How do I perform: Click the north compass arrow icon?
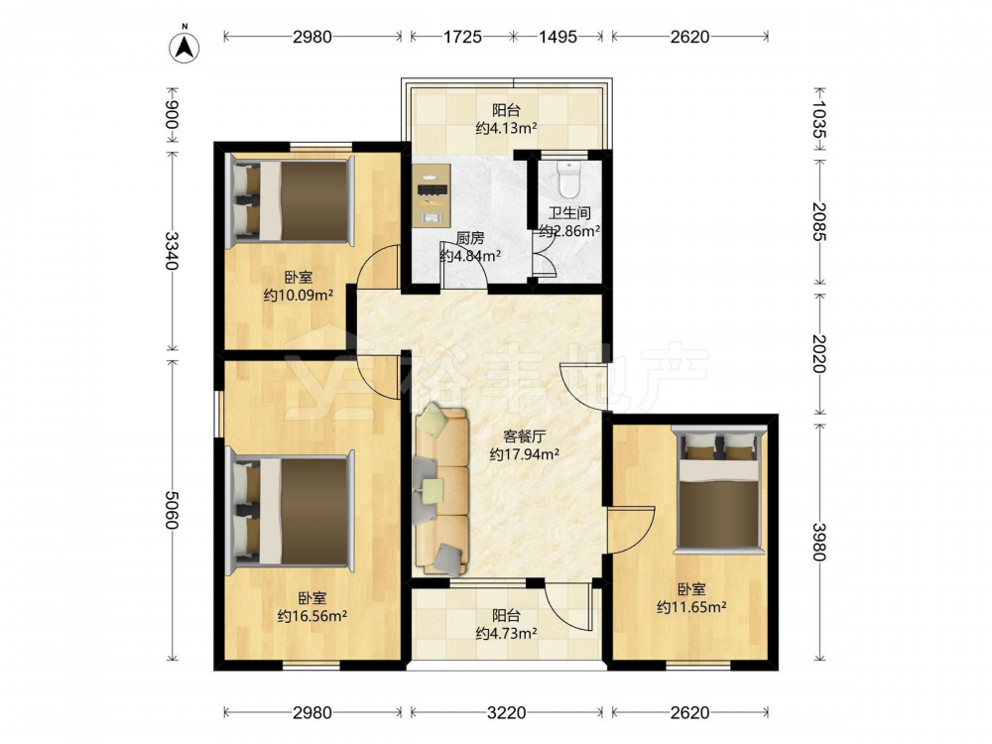tap(185, 47)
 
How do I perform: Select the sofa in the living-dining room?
tap(441, 490)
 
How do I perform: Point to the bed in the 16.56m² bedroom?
tap(291, 507)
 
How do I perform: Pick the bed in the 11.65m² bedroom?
tap(718, 488)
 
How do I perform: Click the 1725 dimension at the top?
tap(462, 37)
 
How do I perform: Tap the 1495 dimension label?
tap(558, 37)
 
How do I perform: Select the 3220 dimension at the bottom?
tap(506, 713)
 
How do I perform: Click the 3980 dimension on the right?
tap(819, 543)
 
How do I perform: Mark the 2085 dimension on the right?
tap(819, 221)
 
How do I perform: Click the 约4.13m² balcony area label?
tap(506, 128)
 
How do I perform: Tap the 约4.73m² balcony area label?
tap(506, 633)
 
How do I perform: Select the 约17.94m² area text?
tap(525, 453)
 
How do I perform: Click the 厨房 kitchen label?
tap(470, 238)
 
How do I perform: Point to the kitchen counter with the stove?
tap(431, 195)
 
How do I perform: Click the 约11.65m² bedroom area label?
tap(690, 607)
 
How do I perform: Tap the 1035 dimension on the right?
tap(819, 120)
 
